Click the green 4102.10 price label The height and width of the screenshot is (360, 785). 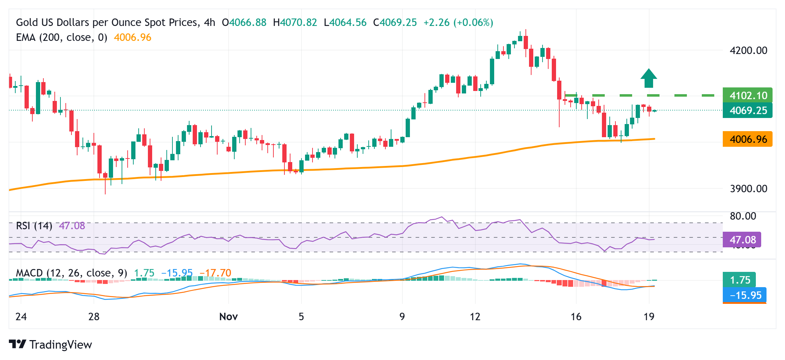click(x=747, y=95)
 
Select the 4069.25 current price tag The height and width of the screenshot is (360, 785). click(x=747, y=110)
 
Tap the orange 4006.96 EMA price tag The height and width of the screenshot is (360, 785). click(x=747, y=139)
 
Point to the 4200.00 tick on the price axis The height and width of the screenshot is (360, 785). click(x=748, y=50)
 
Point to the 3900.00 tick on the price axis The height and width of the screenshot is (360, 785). click(x=748, y=188)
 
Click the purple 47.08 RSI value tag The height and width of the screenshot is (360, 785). click(x=742, y=240)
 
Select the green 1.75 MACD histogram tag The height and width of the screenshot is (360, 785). click(x=739, y=280)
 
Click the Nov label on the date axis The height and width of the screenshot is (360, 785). click(x=228, y=316)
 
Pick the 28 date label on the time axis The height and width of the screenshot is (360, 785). click(x=94, y=316)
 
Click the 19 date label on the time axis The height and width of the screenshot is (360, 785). click(x=649, y=316)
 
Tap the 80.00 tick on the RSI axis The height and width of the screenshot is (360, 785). click(x=743, y=216)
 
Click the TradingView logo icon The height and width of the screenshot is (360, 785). click(x=17, y=344)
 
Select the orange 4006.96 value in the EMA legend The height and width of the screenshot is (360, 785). click(x=133, y=37)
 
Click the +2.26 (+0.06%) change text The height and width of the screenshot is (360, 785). click(x=458, y=22)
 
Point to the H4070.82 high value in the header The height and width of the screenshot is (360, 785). click(x=295, y=22)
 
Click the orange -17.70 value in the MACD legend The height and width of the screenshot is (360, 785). click(x=215, y=273)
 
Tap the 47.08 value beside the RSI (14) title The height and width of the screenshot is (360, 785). click(x=72, y=226)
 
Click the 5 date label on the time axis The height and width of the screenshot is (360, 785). click(x=301, y=316)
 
